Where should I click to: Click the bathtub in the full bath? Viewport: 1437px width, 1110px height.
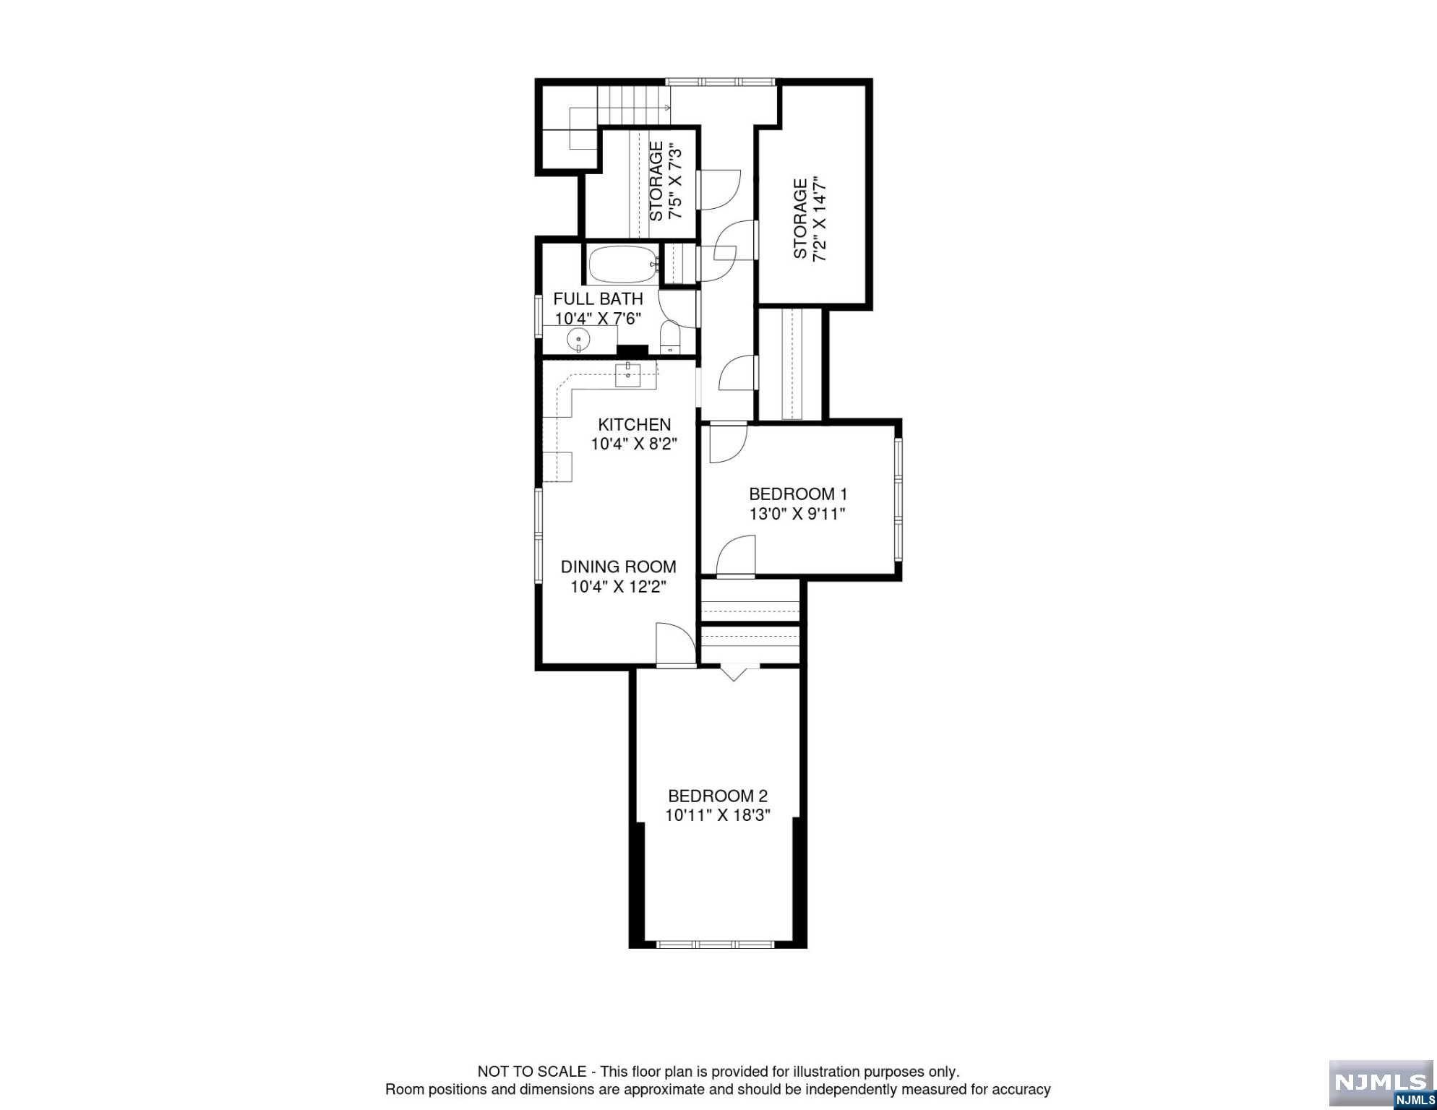point(622,265)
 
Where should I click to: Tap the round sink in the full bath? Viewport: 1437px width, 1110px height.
point(579,339)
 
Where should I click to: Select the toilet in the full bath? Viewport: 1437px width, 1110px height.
point(670,337)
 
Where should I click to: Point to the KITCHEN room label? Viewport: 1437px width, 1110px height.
point(634,424)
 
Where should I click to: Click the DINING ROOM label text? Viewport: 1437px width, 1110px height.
point(619,567)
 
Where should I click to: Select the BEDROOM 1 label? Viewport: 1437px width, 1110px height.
point(798,494)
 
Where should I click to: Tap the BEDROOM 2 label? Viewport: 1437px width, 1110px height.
point(718,796)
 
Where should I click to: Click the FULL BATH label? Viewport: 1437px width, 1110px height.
point(598,298)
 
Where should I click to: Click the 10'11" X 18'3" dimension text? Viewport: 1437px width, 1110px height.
point(718,815)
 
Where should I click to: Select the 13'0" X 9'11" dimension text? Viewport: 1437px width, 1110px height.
point(797,514)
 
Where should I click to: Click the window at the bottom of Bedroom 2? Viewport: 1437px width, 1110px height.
point(716,944)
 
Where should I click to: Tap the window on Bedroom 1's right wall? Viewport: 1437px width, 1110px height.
point(898,501)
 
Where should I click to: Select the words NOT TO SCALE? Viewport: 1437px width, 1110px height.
point(532,1072)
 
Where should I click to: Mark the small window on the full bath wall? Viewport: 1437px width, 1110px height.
point(539,315)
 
